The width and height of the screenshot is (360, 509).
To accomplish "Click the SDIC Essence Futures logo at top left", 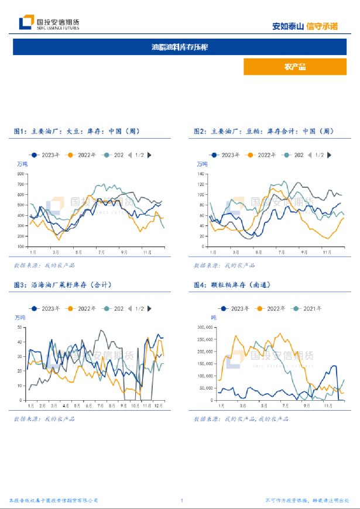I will [x=49, y=23].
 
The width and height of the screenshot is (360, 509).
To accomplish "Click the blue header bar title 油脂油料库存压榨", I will [x=179, y=47].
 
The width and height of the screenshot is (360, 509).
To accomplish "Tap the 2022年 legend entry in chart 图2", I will [x=263, y=155].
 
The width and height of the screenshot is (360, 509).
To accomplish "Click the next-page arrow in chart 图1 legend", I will [x=149, y=155].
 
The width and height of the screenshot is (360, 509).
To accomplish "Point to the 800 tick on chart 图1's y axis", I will [x=21, y=174].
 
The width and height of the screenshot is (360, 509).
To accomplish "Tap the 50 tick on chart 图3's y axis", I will [x=19, y=328].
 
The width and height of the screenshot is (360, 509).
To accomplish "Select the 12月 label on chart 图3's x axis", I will [x=158, y=405].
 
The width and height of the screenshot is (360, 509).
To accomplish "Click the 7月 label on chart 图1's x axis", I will [x=101, y=252].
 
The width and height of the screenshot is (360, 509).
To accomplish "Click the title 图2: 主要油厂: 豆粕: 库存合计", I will [x=263, y=132].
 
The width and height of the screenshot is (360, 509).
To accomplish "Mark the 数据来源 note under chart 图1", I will [x=44, y=265].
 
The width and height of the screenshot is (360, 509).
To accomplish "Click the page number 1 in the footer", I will [x=182, y=501].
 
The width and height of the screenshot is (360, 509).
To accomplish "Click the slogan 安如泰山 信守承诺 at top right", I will [x=305, y=26].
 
